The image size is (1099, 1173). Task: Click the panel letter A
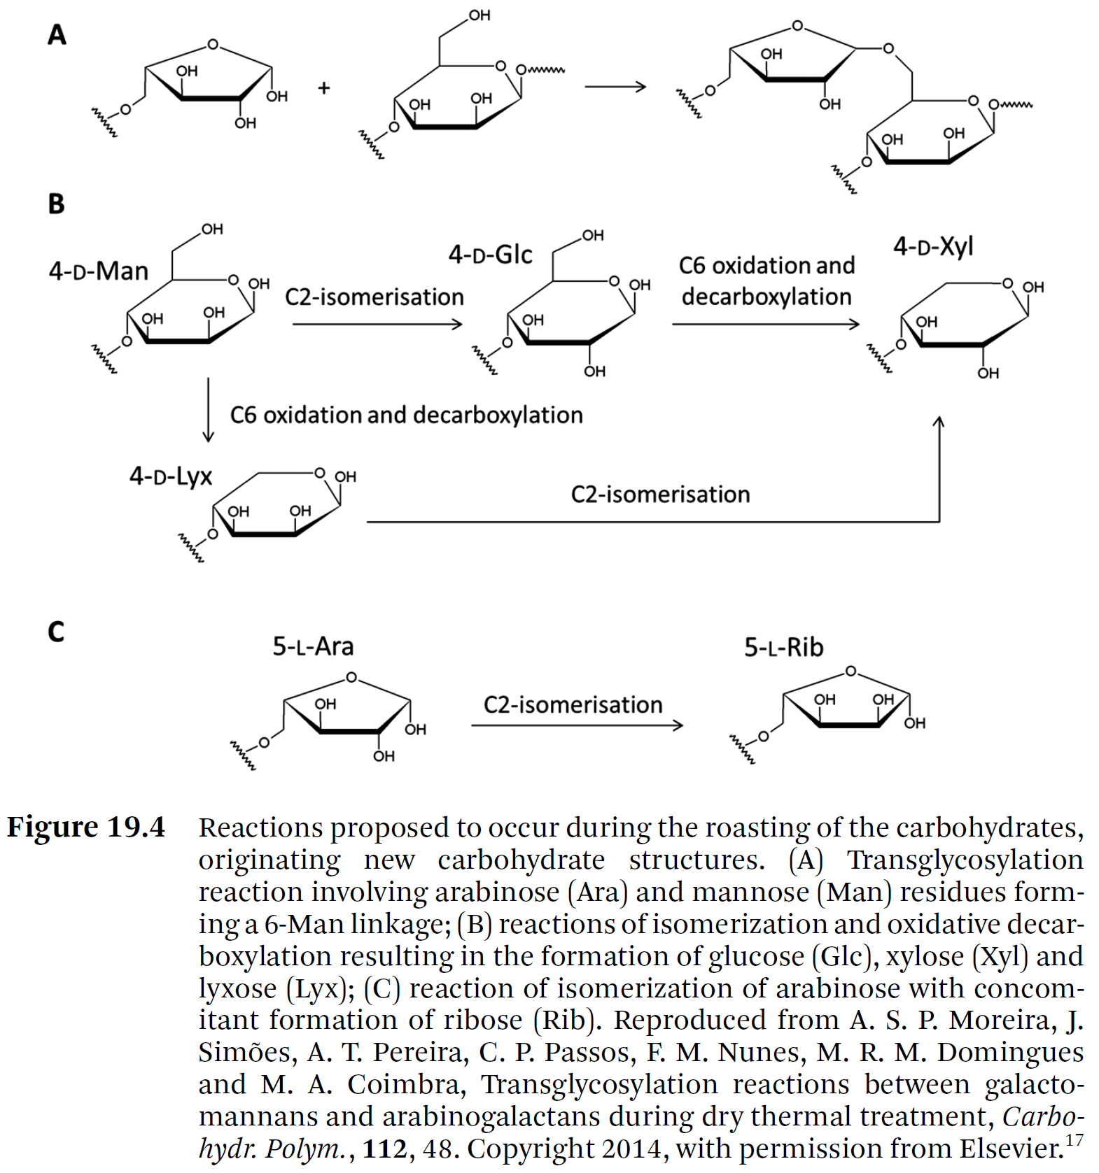pyautogui.click(x=57, y=34)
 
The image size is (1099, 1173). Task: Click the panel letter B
pyautogui.click(x=56, y=204)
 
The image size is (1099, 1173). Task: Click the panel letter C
pyautogui.click(x=56, y=632)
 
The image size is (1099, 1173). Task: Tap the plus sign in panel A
pyautogui.click(x=323, y=88)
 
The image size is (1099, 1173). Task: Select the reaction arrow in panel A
pyautogui.click(x=615, y=87)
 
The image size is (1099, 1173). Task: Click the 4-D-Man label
pyautogui.click(x=99, y=271)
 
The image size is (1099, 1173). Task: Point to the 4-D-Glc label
pyautogui.click(x=490, y=255)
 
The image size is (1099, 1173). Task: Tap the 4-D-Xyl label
pyautogui.click(x=933, y=246)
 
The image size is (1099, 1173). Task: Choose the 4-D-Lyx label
pyautogui.click(x=170, y=476)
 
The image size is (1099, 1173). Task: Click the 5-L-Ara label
pyautogui.click(x=313, y=646)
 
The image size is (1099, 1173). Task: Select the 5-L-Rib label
pyautogui.click(x=783, y=648)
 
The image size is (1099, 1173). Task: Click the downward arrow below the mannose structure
pyautogui.click(x=208, y=411)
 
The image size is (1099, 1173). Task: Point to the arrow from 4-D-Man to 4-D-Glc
pyautogui.click(x=377, y=324)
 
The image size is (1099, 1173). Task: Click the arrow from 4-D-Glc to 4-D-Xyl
pyautogui.click(x=765, y=324)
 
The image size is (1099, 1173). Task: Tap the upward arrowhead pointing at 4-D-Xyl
pyautogui.click(x=939, y=423)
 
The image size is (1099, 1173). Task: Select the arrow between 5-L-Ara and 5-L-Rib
pyautogui.click(x=577, y=725)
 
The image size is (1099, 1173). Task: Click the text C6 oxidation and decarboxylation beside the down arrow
pyautogui.click(x=406, y=415)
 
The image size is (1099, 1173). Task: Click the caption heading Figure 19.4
pyautogui.click(x=86, y=827)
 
